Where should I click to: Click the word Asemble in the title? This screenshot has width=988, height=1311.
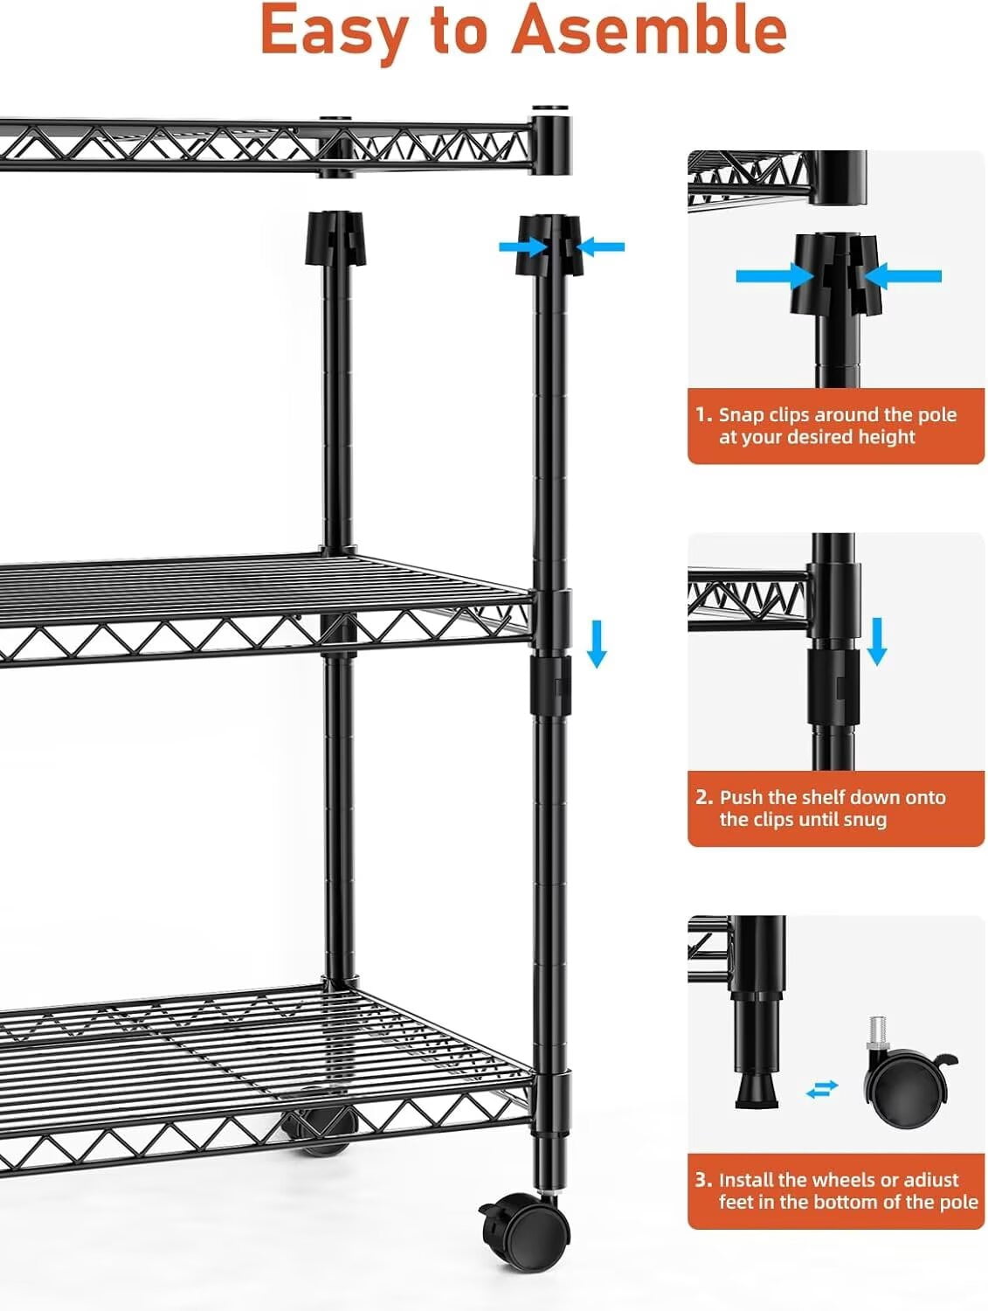(x=649, y=29)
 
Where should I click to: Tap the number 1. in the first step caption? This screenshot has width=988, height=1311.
(x=704, y=414)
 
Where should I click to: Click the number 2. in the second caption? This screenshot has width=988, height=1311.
(x=704, y=797)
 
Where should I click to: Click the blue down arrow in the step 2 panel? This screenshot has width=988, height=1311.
(x=876, y=642)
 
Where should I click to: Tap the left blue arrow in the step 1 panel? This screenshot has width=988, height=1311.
(x=775, y=276)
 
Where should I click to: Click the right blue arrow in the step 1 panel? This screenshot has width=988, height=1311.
(x=902, y=276)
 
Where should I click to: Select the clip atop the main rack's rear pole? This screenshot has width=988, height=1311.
(x=335, y=238)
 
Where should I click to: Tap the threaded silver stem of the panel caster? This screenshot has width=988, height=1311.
(x=878, y=1030)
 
